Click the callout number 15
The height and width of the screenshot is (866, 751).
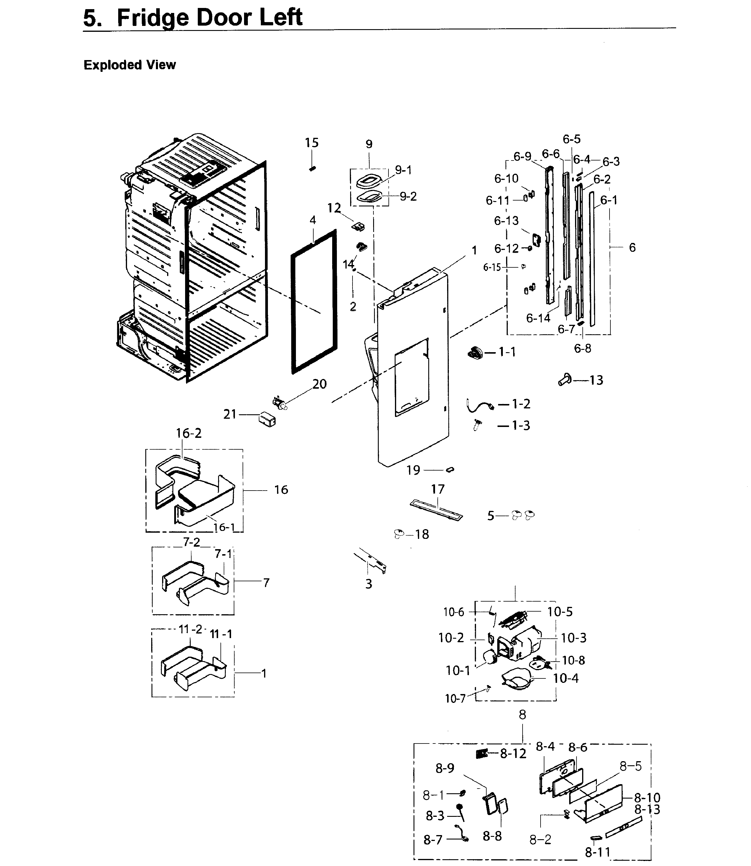point(311,143)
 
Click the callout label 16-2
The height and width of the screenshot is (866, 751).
point(189,433)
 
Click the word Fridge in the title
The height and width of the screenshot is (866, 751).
point(151,18)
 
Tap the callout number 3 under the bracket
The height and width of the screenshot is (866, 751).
point(368,584)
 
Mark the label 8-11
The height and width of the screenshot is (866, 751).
point(598,852)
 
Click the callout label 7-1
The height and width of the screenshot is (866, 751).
point(223,554)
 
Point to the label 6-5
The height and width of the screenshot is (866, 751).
point(571,139)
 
